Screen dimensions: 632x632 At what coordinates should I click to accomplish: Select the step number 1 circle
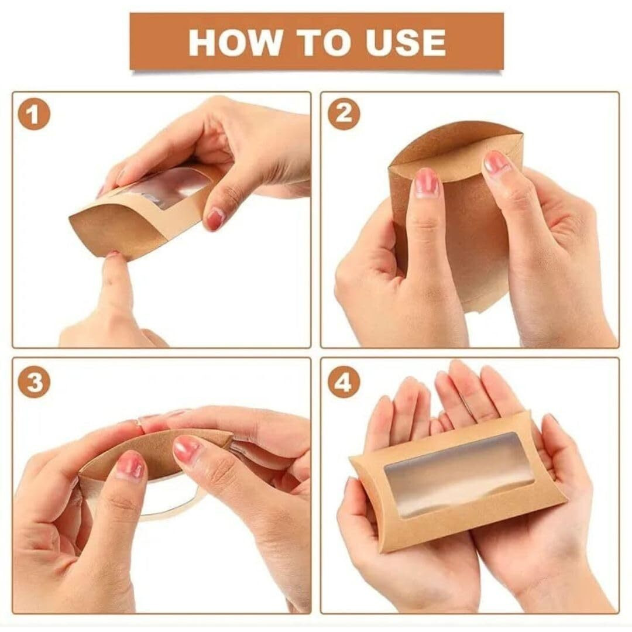(33, 115)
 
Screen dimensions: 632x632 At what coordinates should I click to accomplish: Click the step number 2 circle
(344, 115)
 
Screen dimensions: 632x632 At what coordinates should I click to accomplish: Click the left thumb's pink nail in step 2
(427, 183)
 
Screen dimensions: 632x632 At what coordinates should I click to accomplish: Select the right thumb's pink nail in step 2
(497, 163)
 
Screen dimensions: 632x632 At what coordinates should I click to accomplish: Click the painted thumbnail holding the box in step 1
(215, 219)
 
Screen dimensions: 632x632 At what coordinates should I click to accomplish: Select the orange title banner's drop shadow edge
(316, 71)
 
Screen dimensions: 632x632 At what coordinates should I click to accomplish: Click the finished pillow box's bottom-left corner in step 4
(380, 547)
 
